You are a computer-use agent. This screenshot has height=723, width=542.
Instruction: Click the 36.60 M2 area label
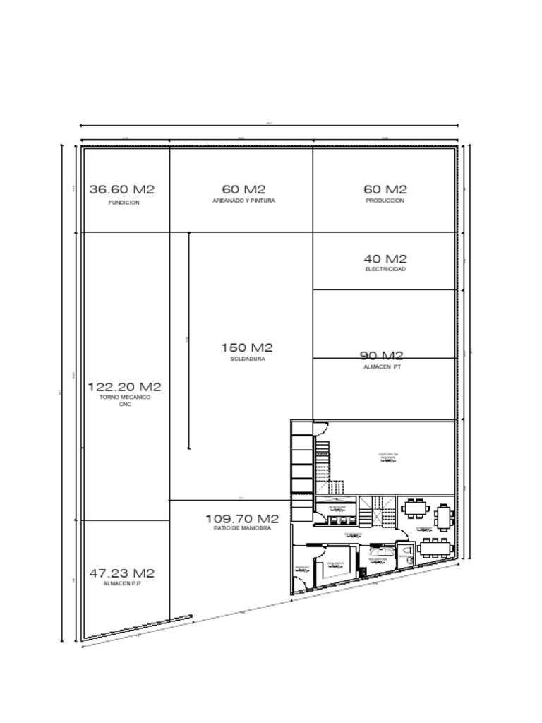click(121, 189)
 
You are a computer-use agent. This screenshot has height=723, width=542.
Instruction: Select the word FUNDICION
click(124, 203)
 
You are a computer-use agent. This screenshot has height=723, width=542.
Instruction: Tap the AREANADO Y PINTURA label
click(243, 201)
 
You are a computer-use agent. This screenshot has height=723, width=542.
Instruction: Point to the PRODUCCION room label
click(385, 201)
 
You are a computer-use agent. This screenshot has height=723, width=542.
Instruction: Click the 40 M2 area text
click(385, 259)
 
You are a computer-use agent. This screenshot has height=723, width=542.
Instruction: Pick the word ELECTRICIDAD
click(385, 269)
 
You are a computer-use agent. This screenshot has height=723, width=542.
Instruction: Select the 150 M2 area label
click(246, 347)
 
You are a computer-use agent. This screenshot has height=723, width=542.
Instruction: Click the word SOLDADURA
click(247, 359)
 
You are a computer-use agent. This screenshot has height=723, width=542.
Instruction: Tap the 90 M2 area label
click(382, 356)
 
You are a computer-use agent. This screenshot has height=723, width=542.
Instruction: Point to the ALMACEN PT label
click(382, 367)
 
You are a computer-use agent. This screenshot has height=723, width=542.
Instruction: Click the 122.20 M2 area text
click(124, 387)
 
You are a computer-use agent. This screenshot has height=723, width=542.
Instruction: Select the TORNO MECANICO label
click(125, 398)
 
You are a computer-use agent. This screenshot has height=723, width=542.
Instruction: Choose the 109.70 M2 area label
click(242, 519)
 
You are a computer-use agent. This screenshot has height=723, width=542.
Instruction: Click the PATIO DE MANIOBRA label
click(242, 529)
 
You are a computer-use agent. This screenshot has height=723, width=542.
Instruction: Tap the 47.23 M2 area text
click(121, 573)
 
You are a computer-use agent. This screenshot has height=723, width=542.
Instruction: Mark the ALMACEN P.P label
click(121, 584)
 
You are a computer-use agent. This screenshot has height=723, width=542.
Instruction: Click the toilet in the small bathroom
click(405, 553)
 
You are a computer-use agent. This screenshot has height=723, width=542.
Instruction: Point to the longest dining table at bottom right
click(435, 547)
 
